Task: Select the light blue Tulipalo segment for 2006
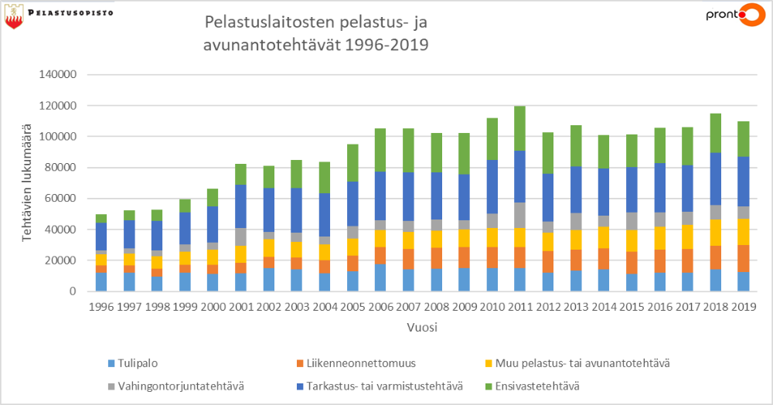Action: click(x=381, y=277)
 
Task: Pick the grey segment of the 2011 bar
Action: click(x=519, y=216)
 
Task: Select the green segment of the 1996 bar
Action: click(x=102, y=219)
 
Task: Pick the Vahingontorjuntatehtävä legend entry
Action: click(x=179, y=385)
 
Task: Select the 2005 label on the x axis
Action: click(x=352, y=307)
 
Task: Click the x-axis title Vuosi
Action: click(x=423, y=327)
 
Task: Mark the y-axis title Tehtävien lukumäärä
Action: click(x=26, y=183)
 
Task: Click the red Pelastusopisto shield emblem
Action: click(x=13, y=19)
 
